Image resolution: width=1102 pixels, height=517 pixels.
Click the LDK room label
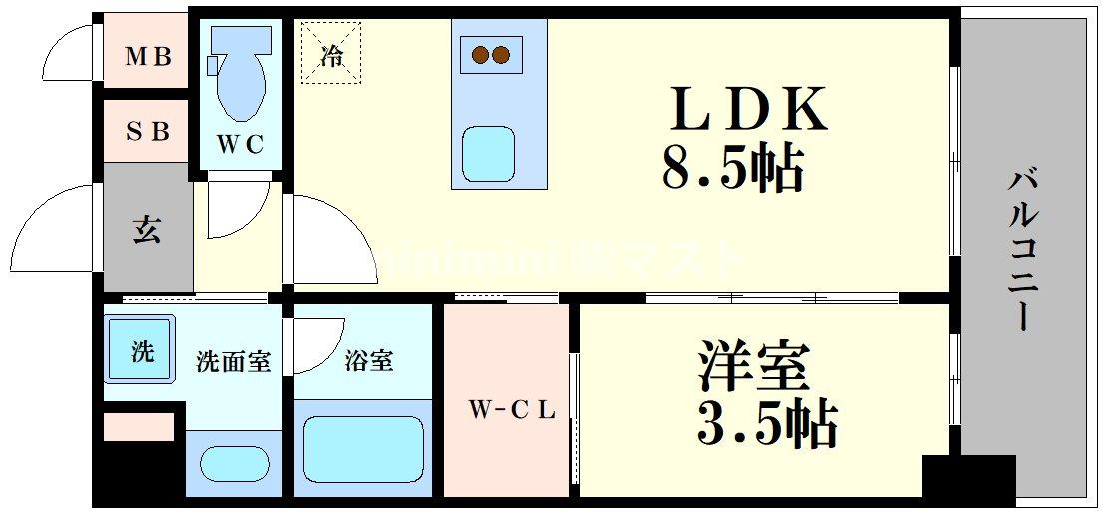(750, 111)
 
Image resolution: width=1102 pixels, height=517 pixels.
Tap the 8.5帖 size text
(732, 170)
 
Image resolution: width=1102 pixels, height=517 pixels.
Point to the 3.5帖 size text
(765, 423)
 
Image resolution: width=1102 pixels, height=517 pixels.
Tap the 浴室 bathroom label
(368, 361)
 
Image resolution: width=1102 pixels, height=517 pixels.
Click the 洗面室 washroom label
(233, 361)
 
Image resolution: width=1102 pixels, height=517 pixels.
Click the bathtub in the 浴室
(363, 449)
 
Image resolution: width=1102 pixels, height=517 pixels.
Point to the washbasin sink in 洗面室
(235, 463)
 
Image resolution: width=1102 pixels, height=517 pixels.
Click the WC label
(241, 145)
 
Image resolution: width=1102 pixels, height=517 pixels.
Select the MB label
(148, 56)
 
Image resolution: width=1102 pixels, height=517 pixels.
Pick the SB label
(148, 131)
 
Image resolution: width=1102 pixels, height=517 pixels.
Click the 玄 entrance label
(147, 230)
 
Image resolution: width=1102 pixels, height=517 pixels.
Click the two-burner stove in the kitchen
(491, 54)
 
